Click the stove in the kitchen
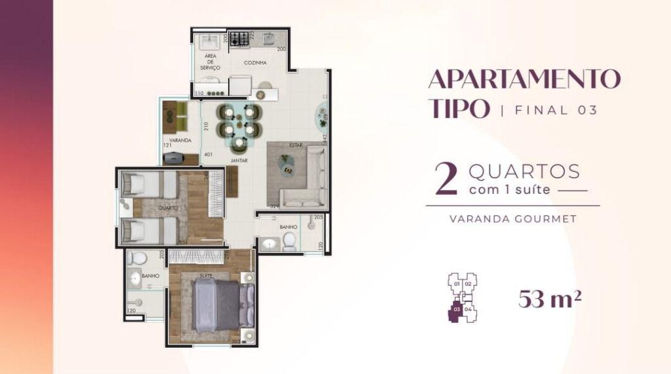(x=241, y=38)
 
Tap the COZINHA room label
(x=254, y=63)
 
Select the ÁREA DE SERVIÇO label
(x=211, y=62)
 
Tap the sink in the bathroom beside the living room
(x=269, y=244)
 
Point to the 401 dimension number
(x=208, y=155)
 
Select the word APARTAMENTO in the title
(x=524, y=79)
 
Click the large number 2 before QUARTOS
(x=446, y=180)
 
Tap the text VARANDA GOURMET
(x=513, y=219)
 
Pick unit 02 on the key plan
(x=469, y=283)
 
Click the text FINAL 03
(x=556, y=109)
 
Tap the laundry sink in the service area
(x=212, y=39)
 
